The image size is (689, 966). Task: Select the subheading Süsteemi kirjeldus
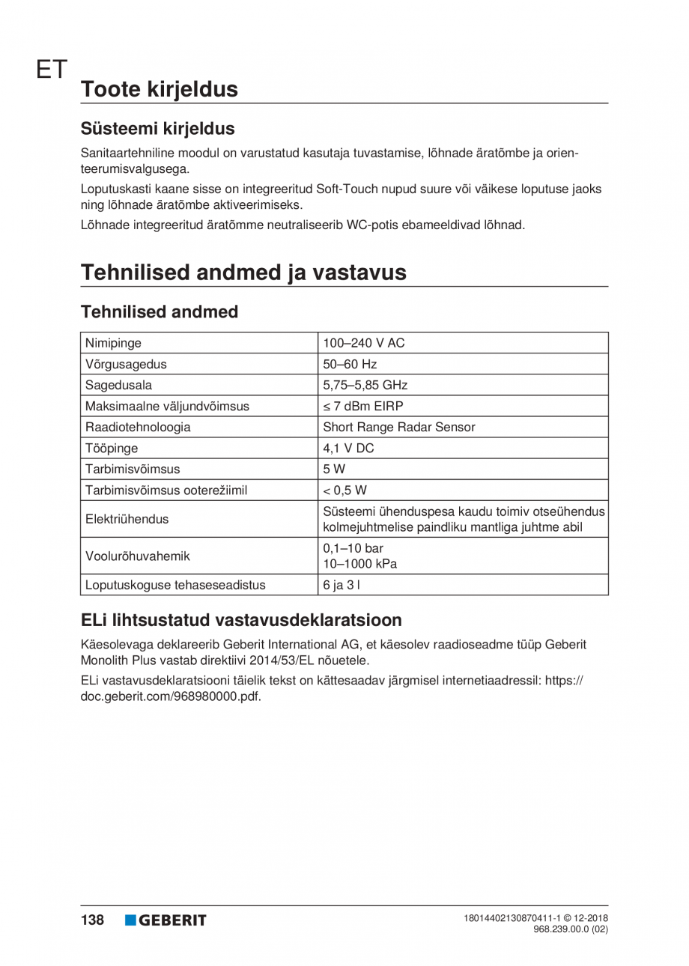tap(157, 128)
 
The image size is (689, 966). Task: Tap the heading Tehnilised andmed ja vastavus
tap(243, 272)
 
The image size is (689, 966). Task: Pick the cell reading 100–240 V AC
tap(363, 344)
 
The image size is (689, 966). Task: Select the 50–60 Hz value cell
tap(350, 365)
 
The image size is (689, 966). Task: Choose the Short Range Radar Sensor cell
tap(398, 428)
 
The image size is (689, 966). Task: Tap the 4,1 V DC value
tap(347, 449)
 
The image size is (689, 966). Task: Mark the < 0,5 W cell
tap(344, 490)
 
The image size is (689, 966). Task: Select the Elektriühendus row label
tap(127, 518)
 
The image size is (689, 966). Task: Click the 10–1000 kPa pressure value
tap(359, 564)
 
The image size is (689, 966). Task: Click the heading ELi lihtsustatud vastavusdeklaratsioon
tap(241, 620)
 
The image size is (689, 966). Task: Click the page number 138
tap(92, 920)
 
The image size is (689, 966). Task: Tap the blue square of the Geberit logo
tap(131, 920)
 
